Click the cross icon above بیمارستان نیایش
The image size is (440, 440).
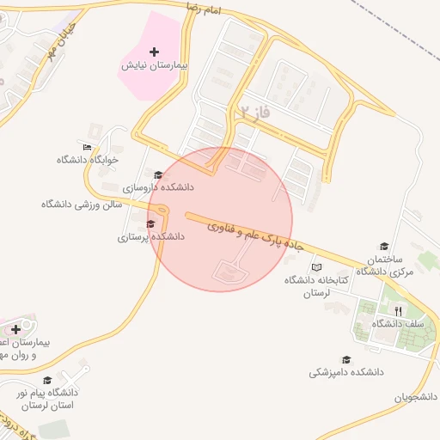click(154, 52)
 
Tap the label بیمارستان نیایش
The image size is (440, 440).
click(154, 65)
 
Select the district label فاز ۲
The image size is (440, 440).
click(255, 113)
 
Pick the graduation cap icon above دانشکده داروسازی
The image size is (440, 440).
click(156, 174)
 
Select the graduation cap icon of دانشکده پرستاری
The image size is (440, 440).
click(151, 223)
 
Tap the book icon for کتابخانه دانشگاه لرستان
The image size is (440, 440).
click(316, 268)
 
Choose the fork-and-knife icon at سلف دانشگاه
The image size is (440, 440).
click(398, 310)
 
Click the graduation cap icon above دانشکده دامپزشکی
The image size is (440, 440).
click(346, 360)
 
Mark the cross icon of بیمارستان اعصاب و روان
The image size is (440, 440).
click(15, 329)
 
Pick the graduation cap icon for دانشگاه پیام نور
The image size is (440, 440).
click(47, 380)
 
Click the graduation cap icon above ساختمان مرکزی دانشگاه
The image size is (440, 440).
click(383, 246)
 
